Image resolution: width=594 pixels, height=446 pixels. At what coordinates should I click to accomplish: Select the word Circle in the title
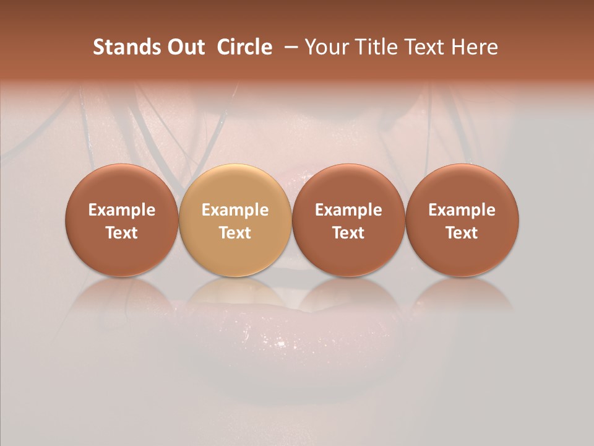244,47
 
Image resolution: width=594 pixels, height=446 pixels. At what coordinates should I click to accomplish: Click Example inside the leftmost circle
121,210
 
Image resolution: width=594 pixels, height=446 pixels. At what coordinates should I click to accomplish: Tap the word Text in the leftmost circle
121,233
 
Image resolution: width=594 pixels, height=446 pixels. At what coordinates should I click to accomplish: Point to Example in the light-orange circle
235,210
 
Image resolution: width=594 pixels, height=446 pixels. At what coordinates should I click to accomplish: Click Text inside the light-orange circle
235,233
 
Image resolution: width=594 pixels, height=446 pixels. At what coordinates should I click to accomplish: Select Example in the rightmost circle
462,210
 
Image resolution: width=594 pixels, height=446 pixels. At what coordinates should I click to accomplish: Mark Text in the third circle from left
348,233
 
